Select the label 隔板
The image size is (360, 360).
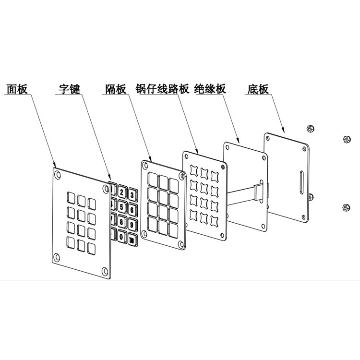click(116, 89)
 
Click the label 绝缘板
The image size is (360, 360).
click(210, 89)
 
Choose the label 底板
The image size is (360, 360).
click(258, 89)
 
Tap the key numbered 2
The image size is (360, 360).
click(122, 193)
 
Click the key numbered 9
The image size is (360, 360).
click(132, 224)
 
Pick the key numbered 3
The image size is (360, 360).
click(132, 195)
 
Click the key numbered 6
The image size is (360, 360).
click(132, 210)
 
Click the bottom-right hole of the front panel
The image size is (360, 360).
click(104, 269)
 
